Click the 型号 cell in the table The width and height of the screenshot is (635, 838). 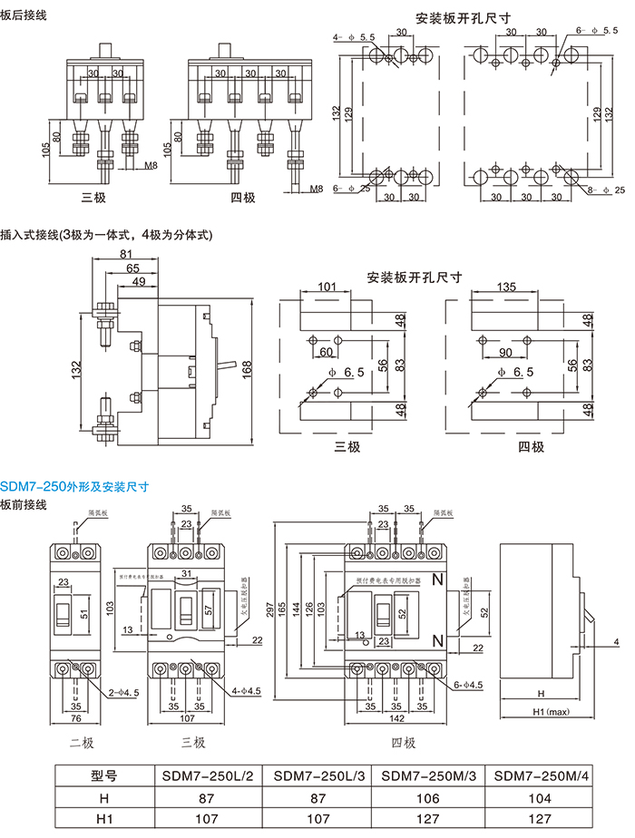click(103, 776)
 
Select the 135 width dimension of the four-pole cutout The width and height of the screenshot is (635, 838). click(507, 287)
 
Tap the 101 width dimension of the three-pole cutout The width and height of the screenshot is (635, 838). click(327, 287)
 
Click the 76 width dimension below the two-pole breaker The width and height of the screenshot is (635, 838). click(75, 717)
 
